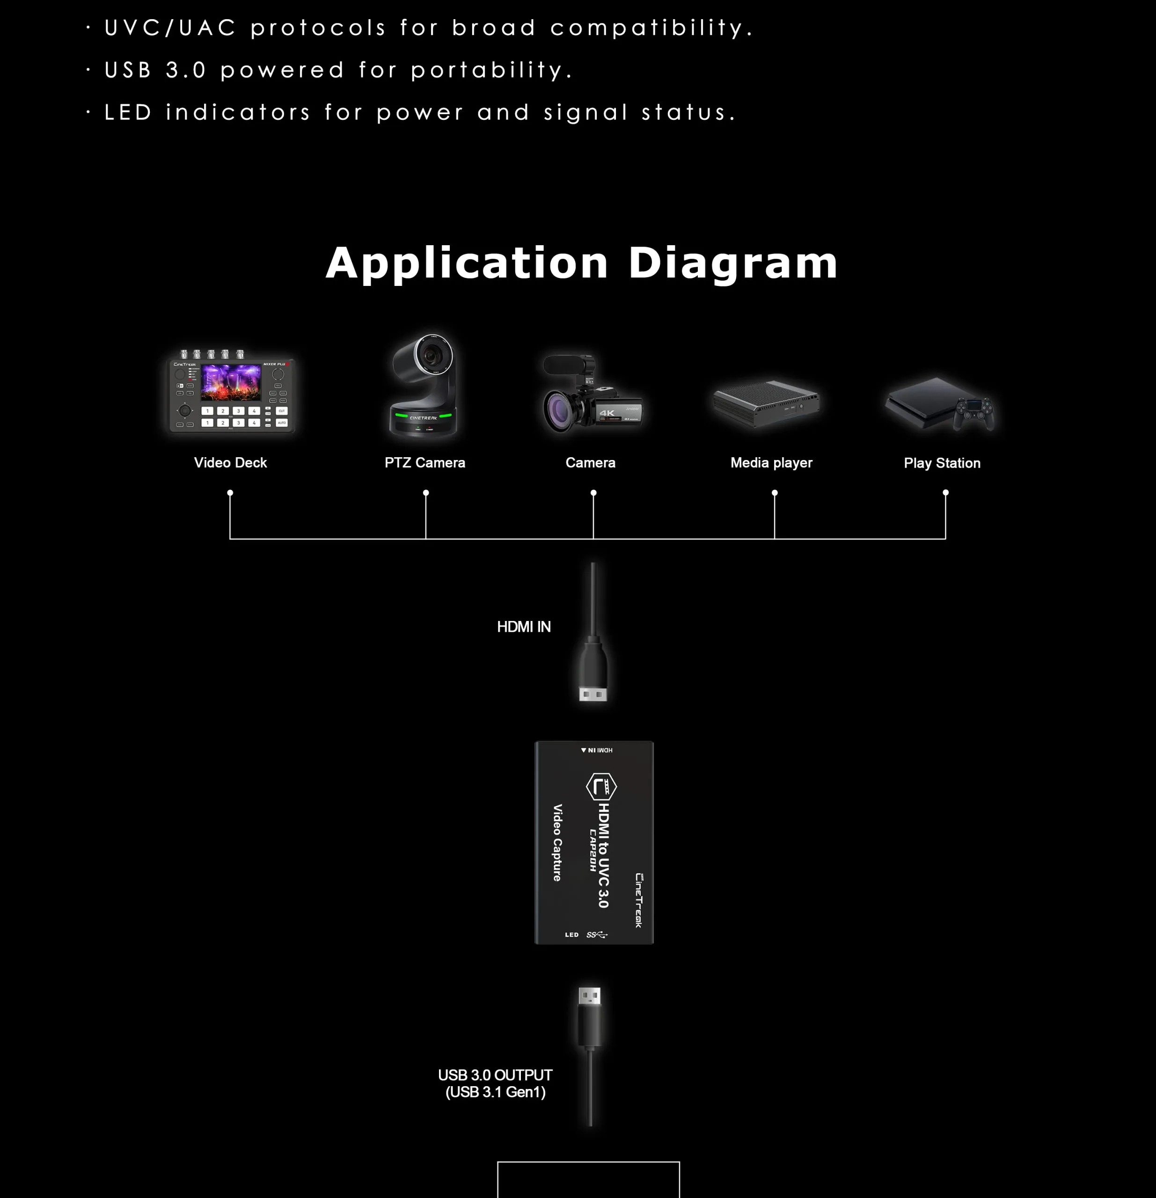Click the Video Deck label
click(x=230, y=463)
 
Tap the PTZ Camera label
click(x=425, y=463)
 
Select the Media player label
click(x=771, y=463)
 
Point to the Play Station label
click(x=942, y=463)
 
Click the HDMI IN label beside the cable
click(x=524, y=627)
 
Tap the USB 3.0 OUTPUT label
click(x=495, y=1075)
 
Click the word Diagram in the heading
click(x=732, y=263)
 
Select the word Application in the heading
click(x=467, y=263)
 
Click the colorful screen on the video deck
click(x=231, y=382)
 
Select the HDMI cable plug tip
click(x=593, y=694)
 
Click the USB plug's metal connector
click(x=589, y=996)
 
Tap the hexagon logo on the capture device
click(x=601, y=787)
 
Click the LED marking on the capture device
click(x=571, y=935)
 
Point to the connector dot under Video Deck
click(x=230, y=493)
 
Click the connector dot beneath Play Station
click(x=946, y=493)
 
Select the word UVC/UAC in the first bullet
click(x=170, y=28)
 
